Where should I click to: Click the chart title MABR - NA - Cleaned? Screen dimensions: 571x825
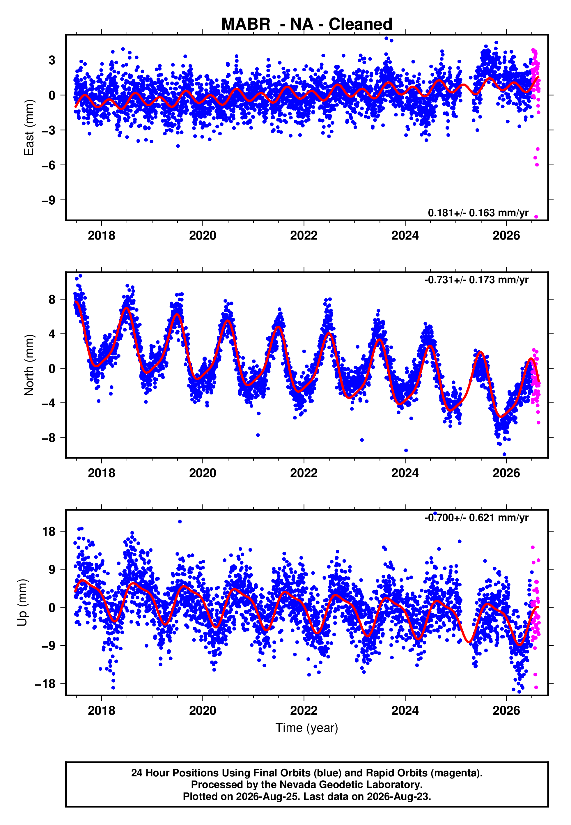click(x=307, y=24)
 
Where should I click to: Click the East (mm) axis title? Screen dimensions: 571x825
click(x=29, y=128)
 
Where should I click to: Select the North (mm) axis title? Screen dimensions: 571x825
click(x=29, y=365)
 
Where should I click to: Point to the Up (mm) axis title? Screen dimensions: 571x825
click(x=22, y=603)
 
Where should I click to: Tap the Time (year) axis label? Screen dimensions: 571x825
click(x=307, y=728)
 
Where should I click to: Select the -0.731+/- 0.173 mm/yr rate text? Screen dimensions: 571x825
click(x=476, y=280)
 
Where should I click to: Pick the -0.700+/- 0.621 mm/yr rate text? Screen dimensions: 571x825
click(x=476, y=518)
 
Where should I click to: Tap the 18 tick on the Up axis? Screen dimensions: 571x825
click(x=49, y=532)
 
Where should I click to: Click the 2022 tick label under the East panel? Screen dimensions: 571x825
click(x=304, y=236)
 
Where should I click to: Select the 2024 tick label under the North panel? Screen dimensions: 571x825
click(x=405, y=473)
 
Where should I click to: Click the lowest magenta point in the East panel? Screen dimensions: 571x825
click(x=536, y=217)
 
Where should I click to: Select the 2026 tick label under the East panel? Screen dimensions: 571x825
click(x=506, y=236)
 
